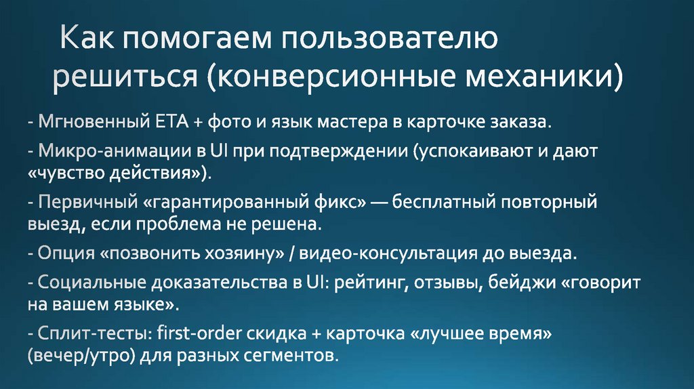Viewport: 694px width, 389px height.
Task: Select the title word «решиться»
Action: pos(125,77)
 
